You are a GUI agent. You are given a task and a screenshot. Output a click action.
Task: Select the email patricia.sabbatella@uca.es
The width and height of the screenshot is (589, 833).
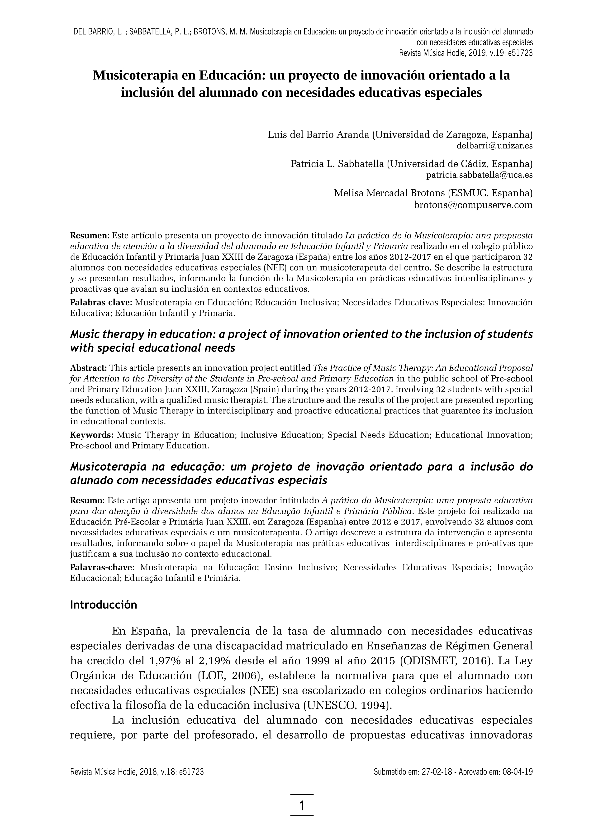(479, 175)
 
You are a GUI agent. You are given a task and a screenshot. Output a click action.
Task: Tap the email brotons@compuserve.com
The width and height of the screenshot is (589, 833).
(473, 205)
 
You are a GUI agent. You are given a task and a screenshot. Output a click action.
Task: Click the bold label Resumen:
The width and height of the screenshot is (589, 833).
(90, 235)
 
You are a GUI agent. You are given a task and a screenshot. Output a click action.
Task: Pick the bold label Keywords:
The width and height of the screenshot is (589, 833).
(91, 435)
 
